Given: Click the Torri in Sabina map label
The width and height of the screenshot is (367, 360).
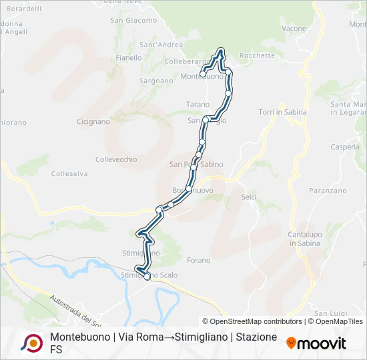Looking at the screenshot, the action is pyautogui.click(x=282, y=112).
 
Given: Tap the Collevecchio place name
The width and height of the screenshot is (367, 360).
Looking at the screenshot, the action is pyautogui.click(x=116, y=159).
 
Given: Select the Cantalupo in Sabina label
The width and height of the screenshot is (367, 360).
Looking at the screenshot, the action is pyautogui.click(x=304, y=239).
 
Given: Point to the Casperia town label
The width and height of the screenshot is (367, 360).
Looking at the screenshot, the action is pyautogui.click(x=345, y=147).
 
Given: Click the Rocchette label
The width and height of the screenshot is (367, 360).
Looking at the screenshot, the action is pyautogui.click(x=257, y=55).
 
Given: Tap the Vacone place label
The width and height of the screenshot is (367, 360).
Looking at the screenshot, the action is pyautogui.click(x=294, y=29).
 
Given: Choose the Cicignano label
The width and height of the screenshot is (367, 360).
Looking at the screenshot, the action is pyautogui.click(x=93, y=122).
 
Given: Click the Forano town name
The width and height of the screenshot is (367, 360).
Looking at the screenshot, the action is pyautogui.click(x=199, y=260).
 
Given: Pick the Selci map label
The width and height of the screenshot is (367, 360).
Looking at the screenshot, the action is pyautogui.click(x=249, y=197).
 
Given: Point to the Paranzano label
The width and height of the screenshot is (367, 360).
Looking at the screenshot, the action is pyautogui.click(x=328, y=191).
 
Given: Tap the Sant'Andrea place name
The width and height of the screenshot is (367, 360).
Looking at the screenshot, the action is pyautogui.click(x=161, y=45).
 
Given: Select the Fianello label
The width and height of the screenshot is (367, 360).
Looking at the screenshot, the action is pyautogui.click(x=129, y=58).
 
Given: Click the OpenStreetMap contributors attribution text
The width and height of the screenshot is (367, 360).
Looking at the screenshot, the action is pyautogui.click(x=252, y=321).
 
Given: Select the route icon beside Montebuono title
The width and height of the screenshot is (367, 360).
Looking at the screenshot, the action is pyautogui.click(x=31, y=343).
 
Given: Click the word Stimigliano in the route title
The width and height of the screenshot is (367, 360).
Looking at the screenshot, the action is pyautogui.click(x=198, y=337).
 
